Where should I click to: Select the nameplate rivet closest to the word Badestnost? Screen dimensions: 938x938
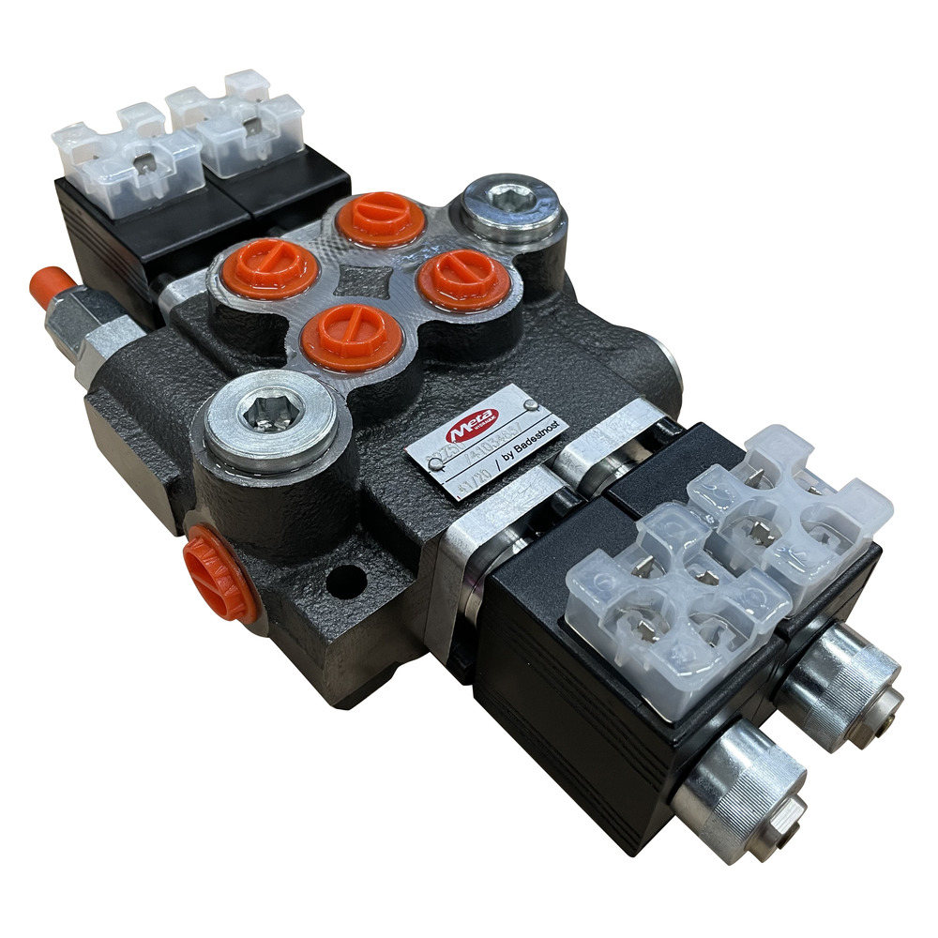(532, 405)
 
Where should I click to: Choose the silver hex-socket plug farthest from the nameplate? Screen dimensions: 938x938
(512, 207)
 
